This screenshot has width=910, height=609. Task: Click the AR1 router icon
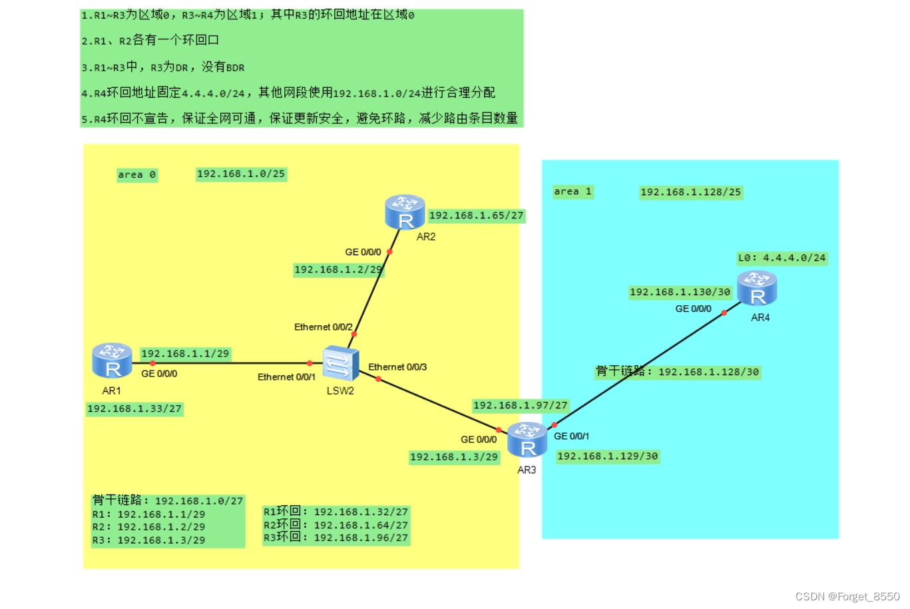(112, 360)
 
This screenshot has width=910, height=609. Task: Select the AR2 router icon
(405, 212)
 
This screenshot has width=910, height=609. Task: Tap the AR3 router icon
(527, 440)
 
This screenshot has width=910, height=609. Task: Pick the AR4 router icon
(757, 289)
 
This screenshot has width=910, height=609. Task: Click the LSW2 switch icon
(340, 364)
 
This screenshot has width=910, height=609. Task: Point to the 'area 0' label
(136, 175)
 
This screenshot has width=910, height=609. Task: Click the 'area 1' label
(572, 192)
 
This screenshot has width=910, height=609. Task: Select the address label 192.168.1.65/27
(476, 216)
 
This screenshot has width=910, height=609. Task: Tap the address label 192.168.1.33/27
(134, 409)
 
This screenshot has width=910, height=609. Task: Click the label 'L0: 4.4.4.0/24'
(782, 258)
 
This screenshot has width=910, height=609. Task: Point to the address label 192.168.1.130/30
(680, 293)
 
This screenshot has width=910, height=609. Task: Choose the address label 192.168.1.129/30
(607, 456)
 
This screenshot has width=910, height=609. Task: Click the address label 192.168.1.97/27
(520, 406)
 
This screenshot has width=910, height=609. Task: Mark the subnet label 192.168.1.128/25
(690, 193)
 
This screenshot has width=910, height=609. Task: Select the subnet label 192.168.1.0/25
(241, 174)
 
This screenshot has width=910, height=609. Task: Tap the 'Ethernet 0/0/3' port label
(397, 367)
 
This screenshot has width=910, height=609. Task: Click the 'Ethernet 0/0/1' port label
(286, 377)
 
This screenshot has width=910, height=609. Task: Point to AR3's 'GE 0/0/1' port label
(571, 436)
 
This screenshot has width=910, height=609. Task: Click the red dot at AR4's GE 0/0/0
(724, 312)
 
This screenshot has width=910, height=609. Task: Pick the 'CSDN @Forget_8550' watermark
(847, 596)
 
